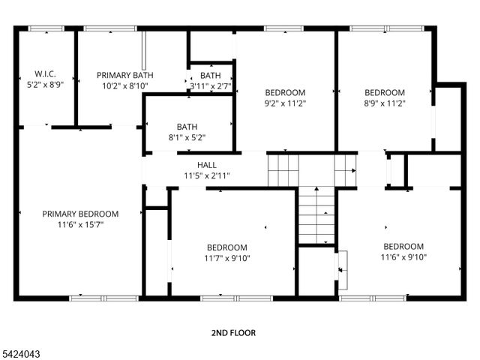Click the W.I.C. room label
tap(45, 75)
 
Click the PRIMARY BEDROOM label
tap(80, 214)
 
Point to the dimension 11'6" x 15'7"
tap(80, 224)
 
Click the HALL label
tap(207, 165)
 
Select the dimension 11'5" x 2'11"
tap(207, 175)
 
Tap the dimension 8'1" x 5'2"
tap(187, 138)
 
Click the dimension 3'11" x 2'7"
tap(210, 86)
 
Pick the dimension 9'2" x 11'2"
tap(286, 103)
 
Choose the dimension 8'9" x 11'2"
tap(385, 103)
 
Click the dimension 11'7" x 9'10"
tap(227, 258)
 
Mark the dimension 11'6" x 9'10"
tap(403, 257)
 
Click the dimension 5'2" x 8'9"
tap(45, 86)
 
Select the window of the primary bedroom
tap(91, 298)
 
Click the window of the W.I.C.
tap(45, 28)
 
